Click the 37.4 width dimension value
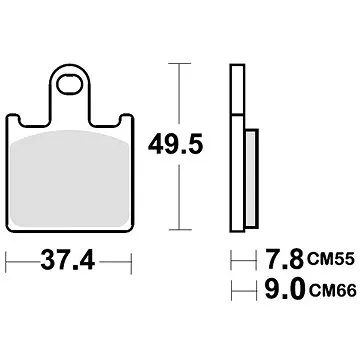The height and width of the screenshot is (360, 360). coord(69,264)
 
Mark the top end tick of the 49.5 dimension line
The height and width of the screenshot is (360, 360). coord(179,61)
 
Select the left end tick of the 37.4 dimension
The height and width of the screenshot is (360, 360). coord(8,265)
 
